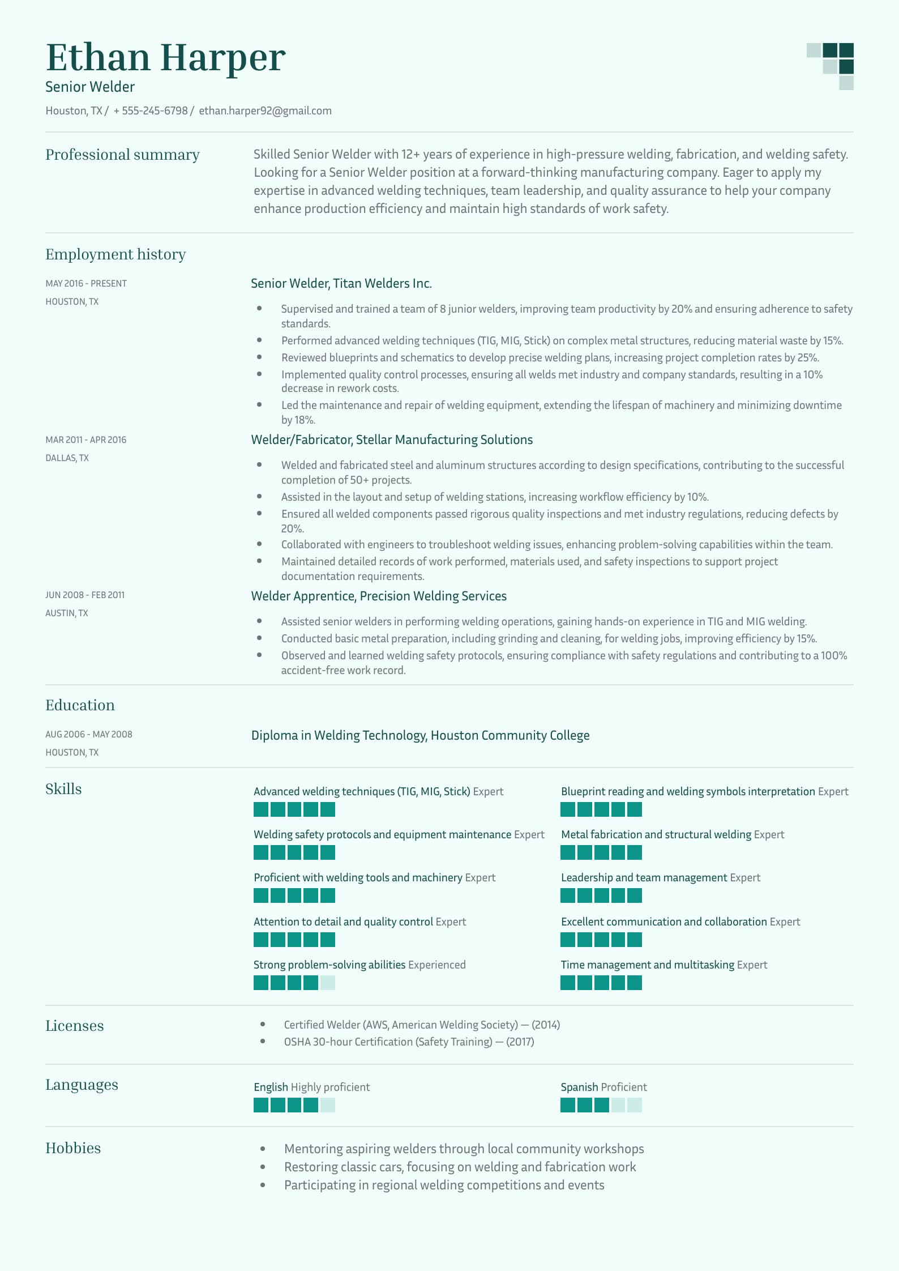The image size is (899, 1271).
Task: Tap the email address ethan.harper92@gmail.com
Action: (x=265, y=111)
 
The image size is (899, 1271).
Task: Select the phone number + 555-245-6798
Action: (x=151, y=111)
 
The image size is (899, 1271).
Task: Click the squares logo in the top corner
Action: (x=830, y=66)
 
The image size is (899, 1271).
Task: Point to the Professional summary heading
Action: (x=122, y=155)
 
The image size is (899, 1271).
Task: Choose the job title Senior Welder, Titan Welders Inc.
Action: (x=341, y=283)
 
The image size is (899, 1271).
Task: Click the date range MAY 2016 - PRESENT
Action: (x=86, y=283)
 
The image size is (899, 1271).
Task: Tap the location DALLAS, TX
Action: (x=67, y=458)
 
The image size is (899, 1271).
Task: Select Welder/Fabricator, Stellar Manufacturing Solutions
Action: (x=392, y=440)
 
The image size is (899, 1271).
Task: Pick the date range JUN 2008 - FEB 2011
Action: (x=85, y=595)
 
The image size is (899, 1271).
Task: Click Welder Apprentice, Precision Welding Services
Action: (x=379, y=596)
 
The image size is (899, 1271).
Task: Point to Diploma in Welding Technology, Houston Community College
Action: (x=420, y=735)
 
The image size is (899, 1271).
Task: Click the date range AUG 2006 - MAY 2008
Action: (x=89, y=734)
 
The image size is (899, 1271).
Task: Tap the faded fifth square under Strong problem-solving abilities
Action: (x=328, y=983)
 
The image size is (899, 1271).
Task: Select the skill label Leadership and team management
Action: (x=644, y=877)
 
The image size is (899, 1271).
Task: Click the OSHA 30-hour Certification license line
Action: (x=409, y=1042)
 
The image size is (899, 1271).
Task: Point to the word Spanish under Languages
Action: (x=579, y=1087)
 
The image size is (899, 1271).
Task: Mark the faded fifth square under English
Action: (x=328, y=1105)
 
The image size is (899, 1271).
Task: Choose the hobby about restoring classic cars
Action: (x=460, y=1167)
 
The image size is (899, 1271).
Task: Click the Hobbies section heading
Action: (x=73, y=1148)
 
